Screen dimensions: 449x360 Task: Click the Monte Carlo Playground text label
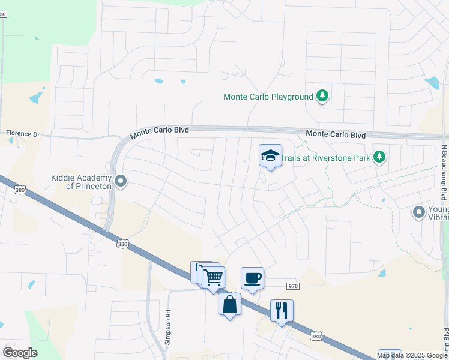[268, 97]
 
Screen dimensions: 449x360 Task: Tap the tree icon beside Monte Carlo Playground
[322, 96]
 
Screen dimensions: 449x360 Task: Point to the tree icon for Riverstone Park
[379, 157]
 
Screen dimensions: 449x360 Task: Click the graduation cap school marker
[270, 156]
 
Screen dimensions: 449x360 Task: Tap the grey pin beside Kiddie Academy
[121, 181]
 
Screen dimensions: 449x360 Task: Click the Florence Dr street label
[22, 133]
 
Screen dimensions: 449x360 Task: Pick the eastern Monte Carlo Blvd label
[336, 135]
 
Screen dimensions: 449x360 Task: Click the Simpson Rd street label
[168, 326]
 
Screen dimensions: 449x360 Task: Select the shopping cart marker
[212, 278]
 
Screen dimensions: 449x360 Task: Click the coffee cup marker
[252, 278]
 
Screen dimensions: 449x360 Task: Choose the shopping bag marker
[229, 304]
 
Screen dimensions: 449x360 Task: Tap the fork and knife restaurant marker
[281, 311]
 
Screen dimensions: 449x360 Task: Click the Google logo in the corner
[20, 353]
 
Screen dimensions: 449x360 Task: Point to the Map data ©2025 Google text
[412, 356]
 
